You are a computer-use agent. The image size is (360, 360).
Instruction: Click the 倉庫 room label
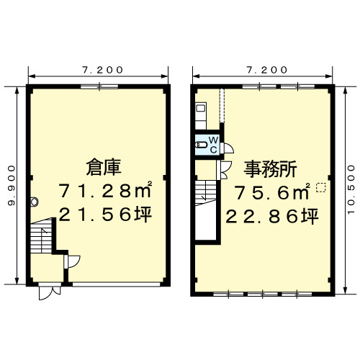(104, 168)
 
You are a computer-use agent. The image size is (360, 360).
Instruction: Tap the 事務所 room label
(270, 169)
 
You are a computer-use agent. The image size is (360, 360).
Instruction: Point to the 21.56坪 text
(105, 215)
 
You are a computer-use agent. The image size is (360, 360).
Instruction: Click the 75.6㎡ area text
(272, 192)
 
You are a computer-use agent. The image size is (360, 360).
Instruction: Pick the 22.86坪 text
(272, 216)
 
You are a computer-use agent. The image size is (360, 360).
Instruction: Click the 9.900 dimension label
(12, 185)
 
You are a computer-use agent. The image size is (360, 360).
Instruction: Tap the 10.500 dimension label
(351, 189)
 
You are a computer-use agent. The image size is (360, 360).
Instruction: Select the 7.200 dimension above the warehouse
(102, 70)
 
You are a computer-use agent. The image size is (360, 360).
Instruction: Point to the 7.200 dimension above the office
(267, 70)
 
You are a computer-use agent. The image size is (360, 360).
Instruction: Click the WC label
(213, 145)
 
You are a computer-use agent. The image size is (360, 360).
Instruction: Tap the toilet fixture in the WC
(202, 145)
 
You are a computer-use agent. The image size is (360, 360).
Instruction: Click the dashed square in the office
(321, 188)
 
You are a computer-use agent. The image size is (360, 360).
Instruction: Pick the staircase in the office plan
(206, 193)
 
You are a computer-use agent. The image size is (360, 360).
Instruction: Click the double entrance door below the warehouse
(50, 292)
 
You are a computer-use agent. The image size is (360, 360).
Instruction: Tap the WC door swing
(228, 148)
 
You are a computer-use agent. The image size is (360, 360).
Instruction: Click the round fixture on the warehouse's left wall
(35, 202)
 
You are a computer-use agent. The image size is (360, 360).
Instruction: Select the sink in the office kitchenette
(201, 109)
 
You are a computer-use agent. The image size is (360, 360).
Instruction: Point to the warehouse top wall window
(99, 86)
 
